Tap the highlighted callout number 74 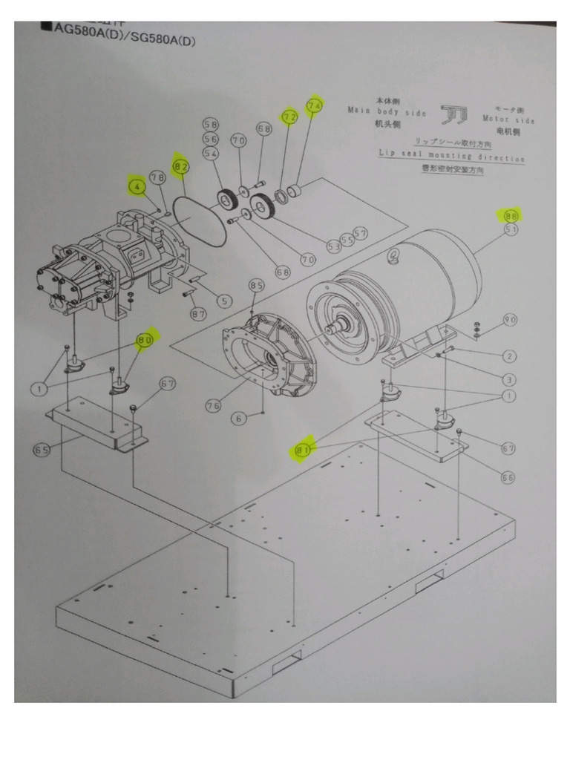click(x=314, y=105)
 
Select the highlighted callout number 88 click(x=511, y=215)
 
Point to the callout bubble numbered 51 click(x=511, y=230)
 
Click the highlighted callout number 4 click(x=137, y=187)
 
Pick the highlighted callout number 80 click(x=145, y=340)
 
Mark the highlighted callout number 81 click(x=302, y=448)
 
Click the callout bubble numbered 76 click(x=213, y=405)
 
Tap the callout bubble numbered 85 click(x=257, y=285)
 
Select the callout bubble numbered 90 click(x=509, y=320)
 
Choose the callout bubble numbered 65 click(x=42, y=450)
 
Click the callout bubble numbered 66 click(x=508, y=477)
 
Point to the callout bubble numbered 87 click(x=198, y=315)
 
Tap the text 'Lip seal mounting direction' click(x=451, y=157)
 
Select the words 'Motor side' click(x=508, y=119)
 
